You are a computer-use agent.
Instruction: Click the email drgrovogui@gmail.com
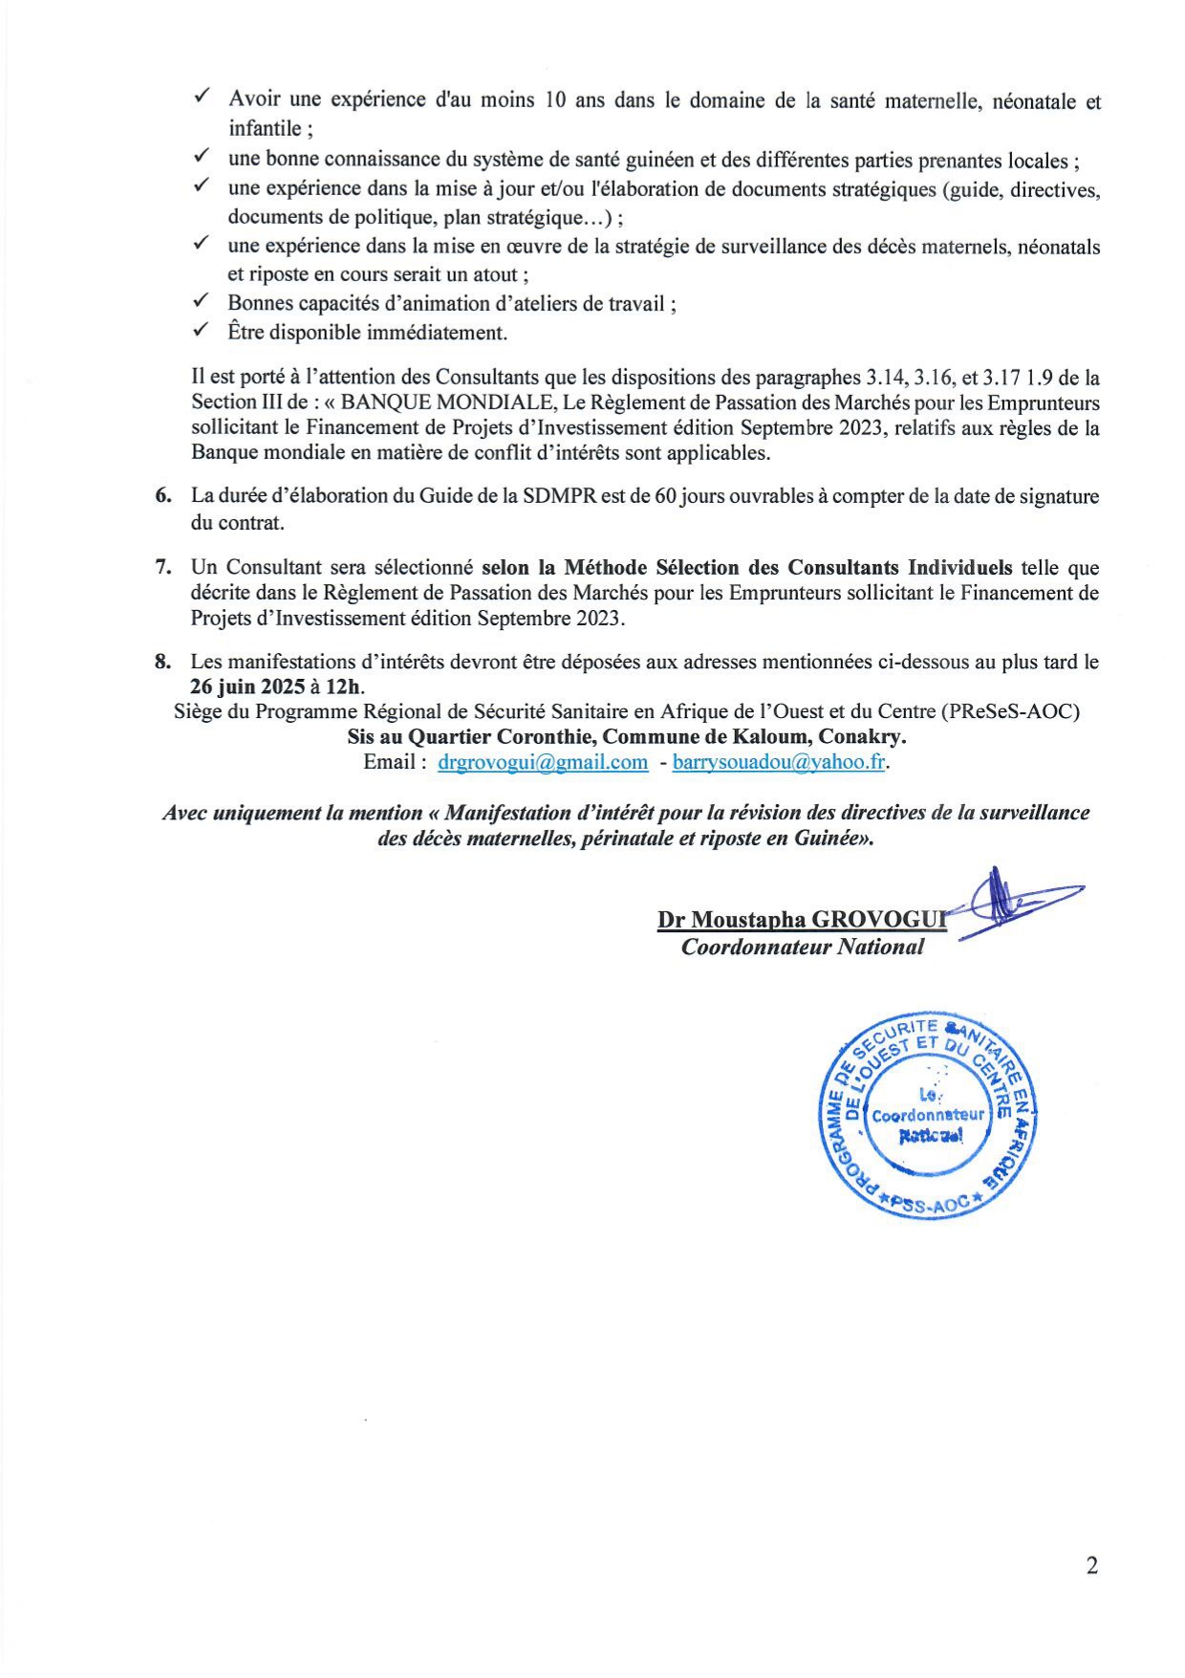click(x=543, y=762)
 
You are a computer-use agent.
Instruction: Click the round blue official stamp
click(x=926, y=1114)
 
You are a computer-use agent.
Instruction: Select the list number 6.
click(x=163, y=496)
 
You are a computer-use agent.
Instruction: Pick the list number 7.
click(x=163, y=567)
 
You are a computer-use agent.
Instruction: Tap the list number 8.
click(x=163, y=662)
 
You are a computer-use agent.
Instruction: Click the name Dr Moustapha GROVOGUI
click(x=801, y=920)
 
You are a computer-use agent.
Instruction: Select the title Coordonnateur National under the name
click(x=802, y=947)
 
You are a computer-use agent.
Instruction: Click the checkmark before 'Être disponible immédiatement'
click(x=201, y=331)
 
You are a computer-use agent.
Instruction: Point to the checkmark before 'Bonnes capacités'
click(x=201, y=302)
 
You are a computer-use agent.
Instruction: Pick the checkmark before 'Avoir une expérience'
click(x=202, y=98)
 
